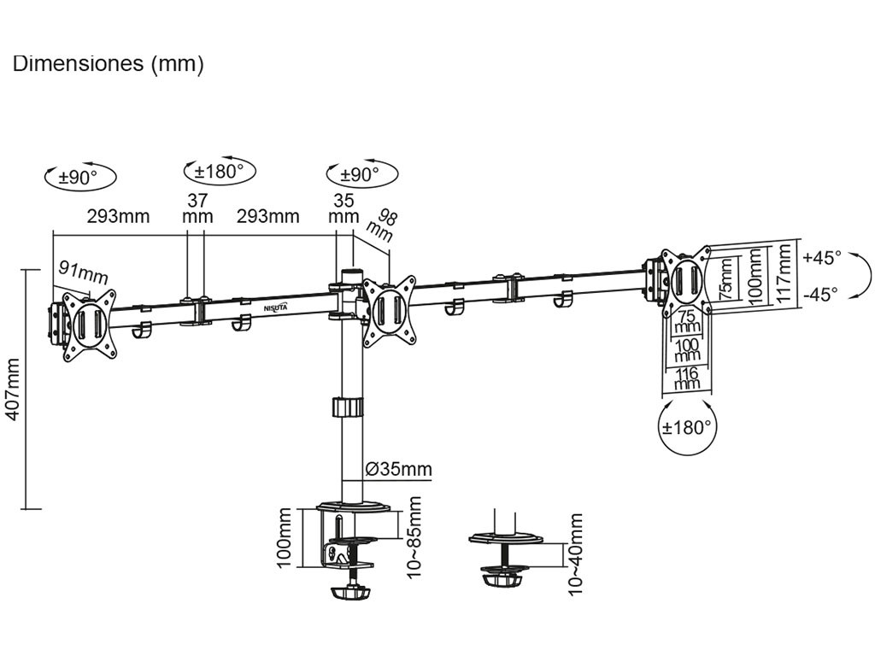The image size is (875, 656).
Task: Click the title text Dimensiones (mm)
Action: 108,65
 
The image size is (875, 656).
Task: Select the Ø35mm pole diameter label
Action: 398,469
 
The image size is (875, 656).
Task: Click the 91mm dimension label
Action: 83,272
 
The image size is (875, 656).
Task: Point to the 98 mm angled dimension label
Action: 382,223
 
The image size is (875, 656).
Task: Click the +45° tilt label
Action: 822,256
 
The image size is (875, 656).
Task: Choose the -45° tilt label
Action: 821,294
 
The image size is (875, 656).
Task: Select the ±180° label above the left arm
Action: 220,171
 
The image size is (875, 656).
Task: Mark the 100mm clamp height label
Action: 285,536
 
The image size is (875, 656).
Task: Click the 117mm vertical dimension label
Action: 784,275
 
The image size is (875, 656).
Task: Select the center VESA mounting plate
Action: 389,310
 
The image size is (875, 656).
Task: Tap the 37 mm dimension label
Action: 197,208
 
